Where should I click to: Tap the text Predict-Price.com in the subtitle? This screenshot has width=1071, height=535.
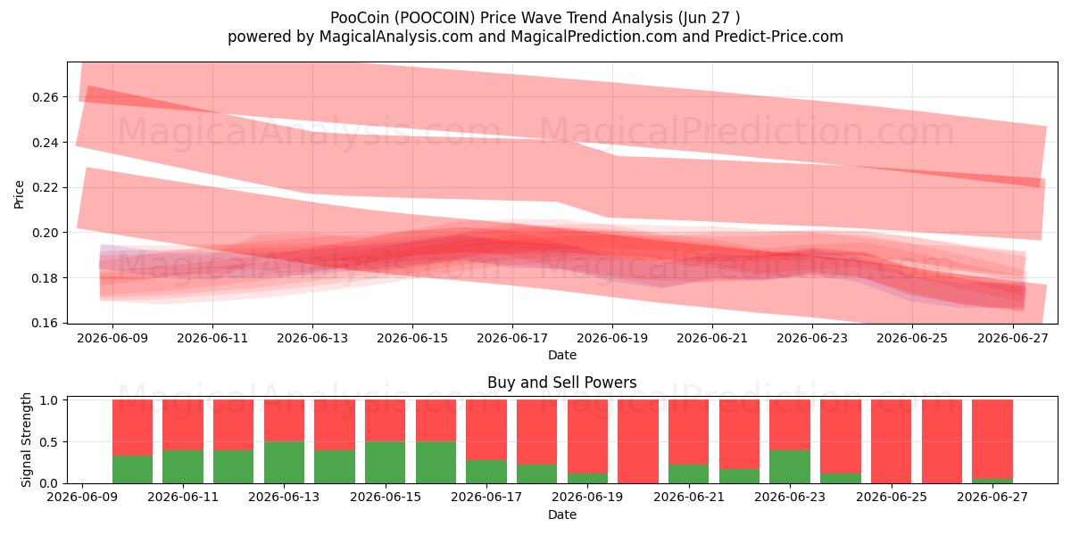click(779, 37)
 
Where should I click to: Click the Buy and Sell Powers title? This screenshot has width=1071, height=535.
click(561, 383)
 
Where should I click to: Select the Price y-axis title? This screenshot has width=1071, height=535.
click(19, 195)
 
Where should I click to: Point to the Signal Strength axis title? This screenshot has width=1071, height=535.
click(26, 440)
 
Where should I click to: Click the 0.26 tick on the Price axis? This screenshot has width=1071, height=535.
click(45, 97)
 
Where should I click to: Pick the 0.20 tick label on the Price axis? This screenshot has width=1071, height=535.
click(45, 233)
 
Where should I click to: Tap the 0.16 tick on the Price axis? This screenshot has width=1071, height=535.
click(45, 324)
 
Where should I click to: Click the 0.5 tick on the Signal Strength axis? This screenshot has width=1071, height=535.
click(48, 442)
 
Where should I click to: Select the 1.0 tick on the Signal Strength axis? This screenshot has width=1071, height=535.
click(48, 400)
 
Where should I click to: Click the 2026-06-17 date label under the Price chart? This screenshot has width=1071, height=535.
click(512, 338)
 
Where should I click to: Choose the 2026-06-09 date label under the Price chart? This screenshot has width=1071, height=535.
click(112, 338)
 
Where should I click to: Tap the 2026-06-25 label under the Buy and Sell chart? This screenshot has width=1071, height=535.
click(892, 498)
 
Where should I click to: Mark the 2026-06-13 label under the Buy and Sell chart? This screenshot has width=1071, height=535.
click(284, 498)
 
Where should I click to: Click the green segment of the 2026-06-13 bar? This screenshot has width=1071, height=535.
click(284, 463)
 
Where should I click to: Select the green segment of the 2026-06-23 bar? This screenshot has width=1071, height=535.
click(790, 466)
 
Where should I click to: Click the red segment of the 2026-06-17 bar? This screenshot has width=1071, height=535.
click(486, 430)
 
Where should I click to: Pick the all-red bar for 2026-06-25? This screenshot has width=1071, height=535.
click(892, 441)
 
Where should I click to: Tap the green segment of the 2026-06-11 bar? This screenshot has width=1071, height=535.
click(183, 466)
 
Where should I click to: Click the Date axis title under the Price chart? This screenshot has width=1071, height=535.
click(561, 356)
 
